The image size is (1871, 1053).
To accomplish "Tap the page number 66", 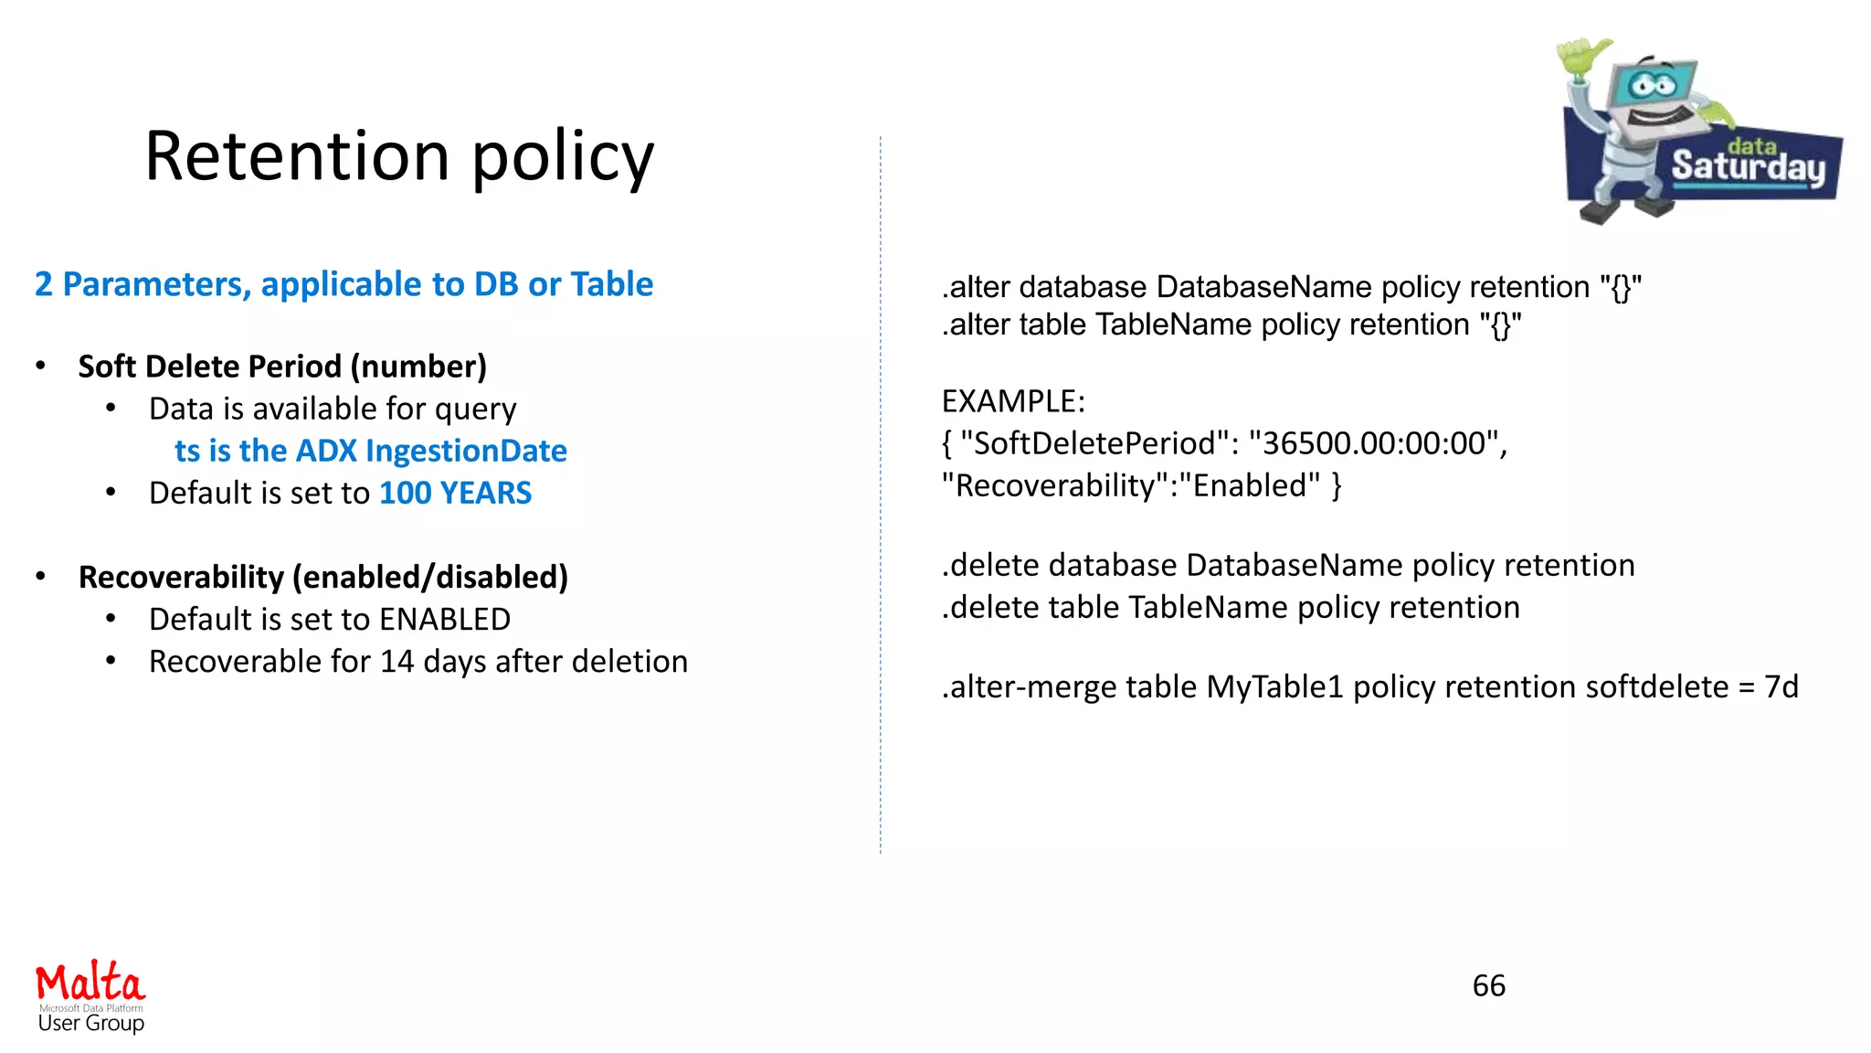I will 1488,985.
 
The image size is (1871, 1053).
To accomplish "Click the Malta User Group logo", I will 90,996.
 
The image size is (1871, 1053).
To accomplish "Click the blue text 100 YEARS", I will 455,494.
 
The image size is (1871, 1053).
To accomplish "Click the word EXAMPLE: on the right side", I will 1013,402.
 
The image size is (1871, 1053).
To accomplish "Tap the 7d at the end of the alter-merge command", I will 1781,687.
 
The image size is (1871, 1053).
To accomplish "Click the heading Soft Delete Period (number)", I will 282,367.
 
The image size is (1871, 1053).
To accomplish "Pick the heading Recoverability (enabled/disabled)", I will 323,578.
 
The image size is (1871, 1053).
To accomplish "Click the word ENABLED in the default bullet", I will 445,620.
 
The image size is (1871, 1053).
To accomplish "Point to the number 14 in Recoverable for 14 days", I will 397,662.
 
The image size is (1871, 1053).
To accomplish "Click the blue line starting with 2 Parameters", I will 344,284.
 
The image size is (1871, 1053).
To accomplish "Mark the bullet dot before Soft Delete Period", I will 40,367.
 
